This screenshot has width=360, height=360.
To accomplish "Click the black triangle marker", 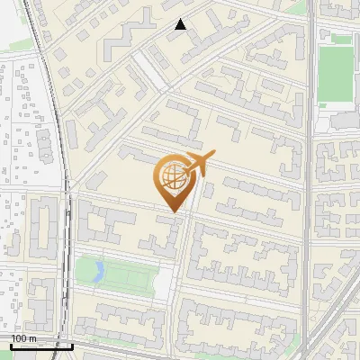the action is (181, 24).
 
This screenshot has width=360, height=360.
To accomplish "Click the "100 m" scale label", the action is (23, 337).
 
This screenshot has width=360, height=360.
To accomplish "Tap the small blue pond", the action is (100, 270).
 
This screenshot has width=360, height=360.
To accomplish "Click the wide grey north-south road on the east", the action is (309, 180).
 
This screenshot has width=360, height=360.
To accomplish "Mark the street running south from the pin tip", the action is (183, 261).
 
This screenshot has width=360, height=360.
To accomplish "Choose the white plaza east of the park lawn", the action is (163, 282).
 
